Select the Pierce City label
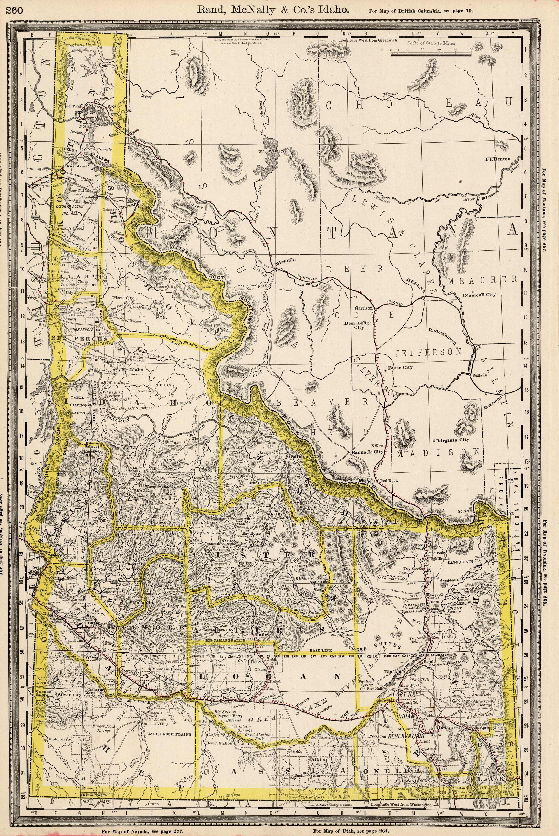[x=122, y=297]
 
